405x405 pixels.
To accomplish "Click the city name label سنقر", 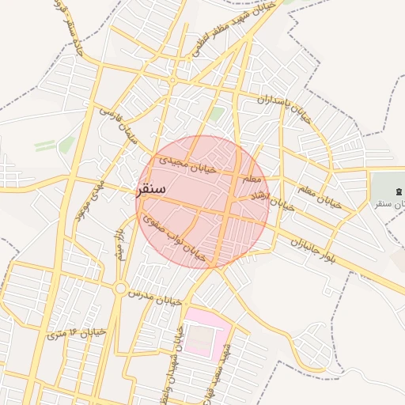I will [151, 190].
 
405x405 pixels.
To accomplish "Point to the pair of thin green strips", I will [55, 145].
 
